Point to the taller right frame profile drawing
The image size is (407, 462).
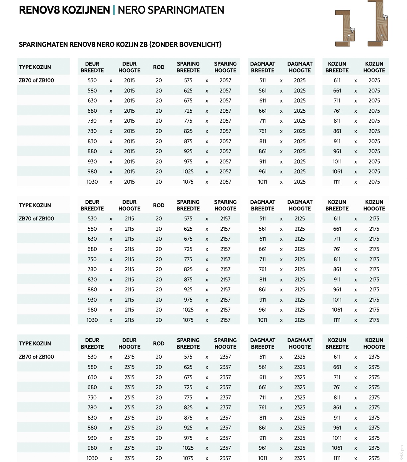378,23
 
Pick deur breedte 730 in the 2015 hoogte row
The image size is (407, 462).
92,121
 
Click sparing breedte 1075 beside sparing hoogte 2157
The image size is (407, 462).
188,320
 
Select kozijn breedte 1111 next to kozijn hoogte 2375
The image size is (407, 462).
337,458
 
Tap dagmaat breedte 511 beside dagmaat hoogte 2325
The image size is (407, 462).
263,357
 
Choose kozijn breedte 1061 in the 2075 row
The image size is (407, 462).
337,172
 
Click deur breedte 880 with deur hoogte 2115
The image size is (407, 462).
92,290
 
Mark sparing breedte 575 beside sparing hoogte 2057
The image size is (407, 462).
188,81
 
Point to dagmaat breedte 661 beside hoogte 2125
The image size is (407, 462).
263,249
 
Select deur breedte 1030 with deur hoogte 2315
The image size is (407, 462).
92,458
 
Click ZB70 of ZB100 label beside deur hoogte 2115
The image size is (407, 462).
37,219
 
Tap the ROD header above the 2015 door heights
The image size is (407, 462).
159,67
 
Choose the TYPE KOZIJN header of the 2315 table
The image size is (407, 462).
35,344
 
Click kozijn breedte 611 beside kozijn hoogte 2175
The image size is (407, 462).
337,219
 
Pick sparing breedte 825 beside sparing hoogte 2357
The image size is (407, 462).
188,408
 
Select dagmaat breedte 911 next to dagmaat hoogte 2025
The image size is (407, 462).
263,162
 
